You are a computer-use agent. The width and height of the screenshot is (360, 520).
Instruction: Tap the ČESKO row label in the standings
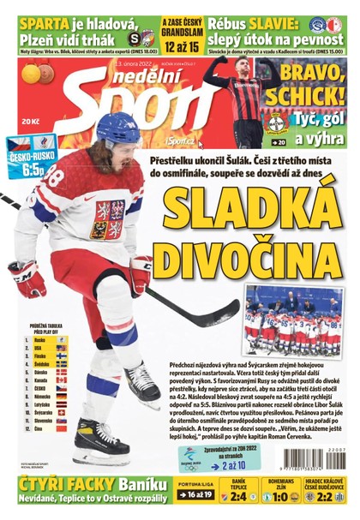(x=39, y=388)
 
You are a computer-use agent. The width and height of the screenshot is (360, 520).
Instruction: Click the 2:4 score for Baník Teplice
(x=237, y=496)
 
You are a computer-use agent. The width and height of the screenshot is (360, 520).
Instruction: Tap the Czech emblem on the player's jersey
(x=111, y=218)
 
